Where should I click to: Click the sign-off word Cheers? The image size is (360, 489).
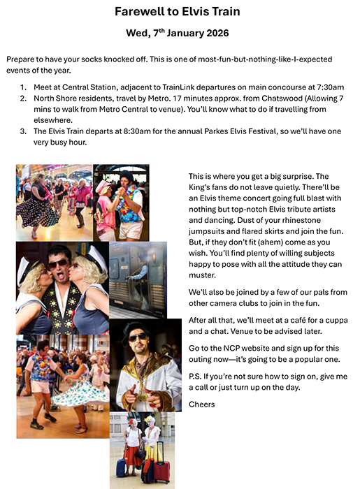[x=202, y=404]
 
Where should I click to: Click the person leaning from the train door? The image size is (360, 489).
[x=143, y=269]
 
